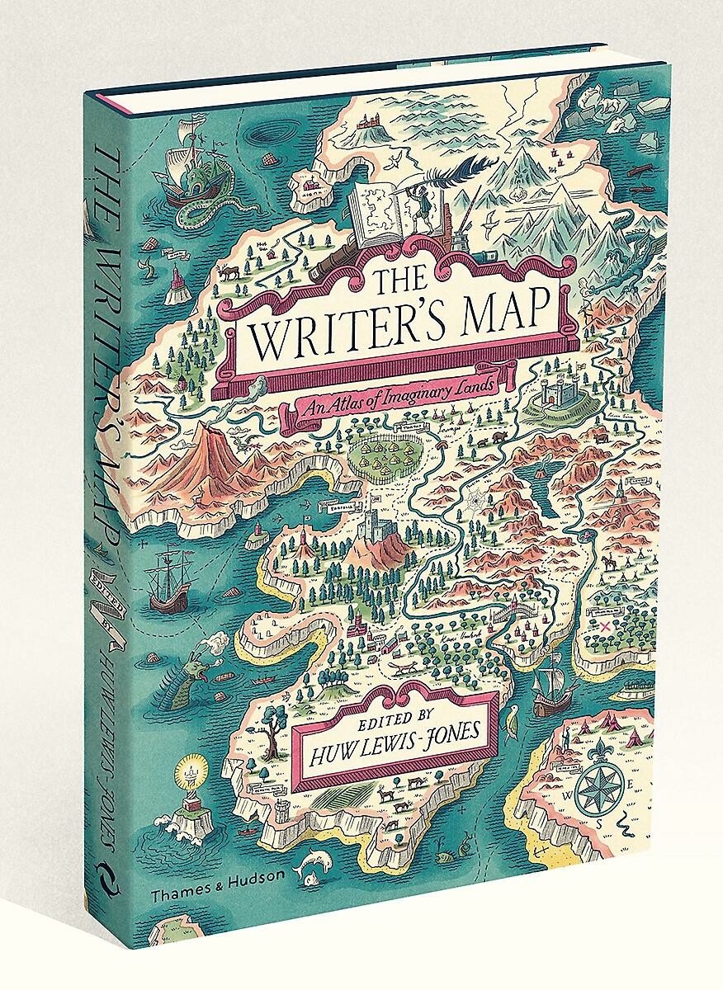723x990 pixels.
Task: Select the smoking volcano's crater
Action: pyautogui.click(x=206, y=428)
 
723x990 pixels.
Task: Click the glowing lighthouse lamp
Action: pyautogui.click(x=195, y=775)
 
